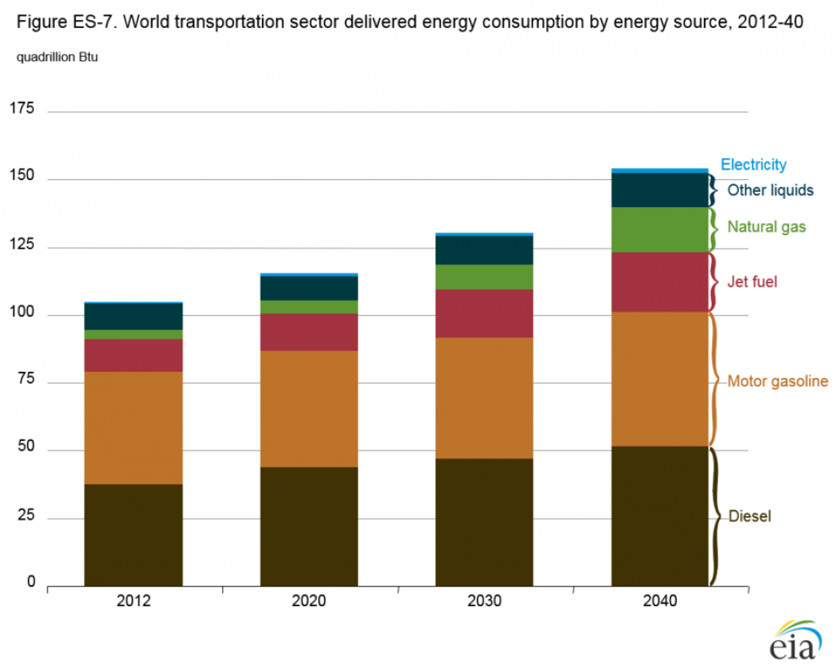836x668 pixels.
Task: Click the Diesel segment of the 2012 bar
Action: point(133,534)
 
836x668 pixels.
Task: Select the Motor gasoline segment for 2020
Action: point(309,408)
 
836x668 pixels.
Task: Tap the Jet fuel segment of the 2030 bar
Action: point(484,313)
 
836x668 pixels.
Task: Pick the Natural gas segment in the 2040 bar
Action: point(659,229)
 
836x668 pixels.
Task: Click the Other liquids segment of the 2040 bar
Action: point(659,189)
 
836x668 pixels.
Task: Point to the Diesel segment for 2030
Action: point(484,522)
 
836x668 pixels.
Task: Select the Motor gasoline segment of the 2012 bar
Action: point(133,428)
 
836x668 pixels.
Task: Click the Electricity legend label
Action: point(753,165)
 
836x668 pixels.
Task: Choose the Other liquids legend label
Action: point(770,190)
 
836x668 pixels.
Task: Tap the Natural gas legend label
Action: point(766,227)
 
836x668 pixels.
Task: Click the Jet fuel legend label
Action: point(752,282)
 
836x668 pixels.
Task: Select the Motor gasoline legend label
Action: point(777,381)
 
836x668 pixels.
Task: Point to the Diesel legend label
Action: point(749,517)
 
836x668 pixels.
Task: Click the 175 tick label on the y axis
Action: point(21,108)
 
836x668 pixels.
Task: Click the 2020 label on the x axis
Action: point(309,601)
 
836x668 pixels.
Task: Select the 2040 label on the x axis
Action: point(659,601)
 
